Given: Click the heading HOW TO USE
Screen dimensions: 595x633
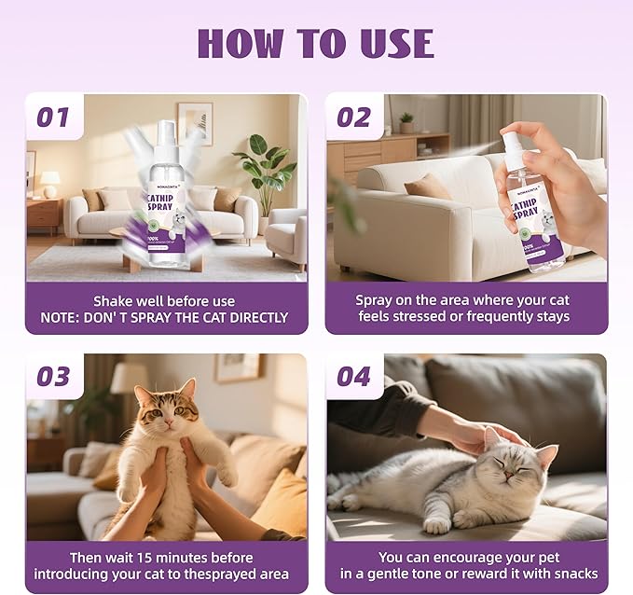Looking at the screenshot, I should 315,43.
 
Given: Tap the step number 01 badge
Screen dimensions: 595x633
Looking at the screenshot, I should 53,118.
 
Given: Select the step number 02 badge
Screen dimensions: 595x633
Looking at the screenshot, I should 353,118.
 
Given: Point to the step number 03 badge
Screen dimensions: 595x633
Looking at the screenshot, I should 53,377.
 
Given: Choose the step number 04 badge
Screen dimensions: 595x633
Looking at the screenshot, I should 353,377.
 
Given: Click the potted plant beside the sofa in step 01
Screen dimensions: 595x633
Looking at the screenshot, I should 266,173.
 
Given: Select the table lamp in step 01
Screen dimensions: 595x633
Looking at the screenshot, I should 50,181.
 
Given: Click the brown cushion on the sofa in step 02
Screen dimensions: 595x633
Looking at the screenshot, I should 429,187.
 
